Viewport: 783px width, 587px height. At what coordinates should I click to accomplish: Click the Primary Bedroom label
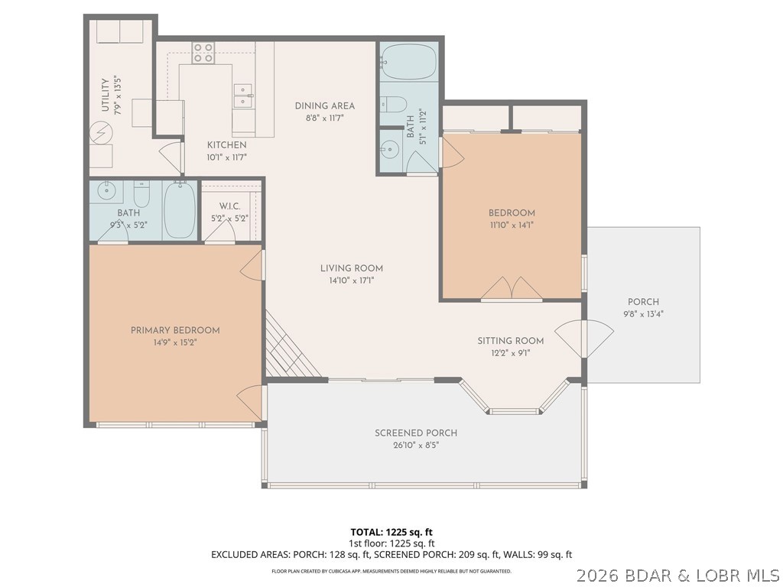(175, 330)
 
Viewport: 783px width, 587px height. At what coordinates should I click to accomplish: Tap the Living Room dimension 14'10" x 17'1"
(352, 280)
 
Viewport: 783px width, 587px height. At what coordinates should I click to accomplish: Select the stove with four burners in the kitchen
(203, 52)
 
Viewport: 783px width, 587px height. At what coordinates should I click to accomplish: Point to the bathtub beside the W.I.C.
(179, 210)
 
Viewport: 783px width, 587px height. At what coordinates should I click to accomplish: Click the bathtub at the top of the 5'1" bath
(408, 61)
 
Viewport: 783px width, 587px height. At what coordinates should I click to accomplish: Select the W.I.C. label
(230, 206)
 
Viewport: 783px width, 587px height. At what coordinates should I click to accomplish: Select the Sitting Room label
(510, 341)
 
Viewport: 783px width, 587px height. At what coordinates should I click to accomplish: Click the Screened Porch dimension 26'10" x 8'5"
(416, 444)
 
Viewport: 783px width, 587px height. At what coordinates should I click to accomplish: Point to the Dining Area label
(325, 106)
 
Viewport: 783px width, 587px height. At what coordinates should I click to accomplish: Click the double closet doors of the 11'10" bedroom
(512, 289)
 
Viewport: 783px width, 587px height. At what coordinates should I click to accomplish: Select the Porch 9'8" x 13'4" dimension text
(643, 313)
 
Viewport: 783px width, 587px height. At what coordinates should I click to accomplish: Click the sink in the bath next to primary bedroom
(106, 190)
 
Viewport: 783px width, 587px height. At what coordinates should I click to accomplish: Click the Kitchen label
(226, 144)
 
